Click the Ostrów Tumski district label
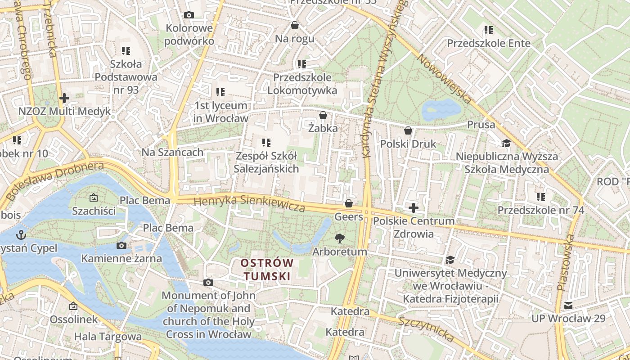[x=267, y=269]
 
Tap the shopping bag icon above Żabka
[x=323, y=116]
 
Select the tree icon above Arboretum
[x=340, y=238]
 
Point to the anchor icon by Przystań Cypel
[x=21, y=234]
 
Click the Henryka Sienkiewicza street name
[x=249, y=203]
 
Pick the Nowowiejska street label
[x=443, y=79]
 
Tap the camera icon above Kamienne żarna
[x=121, y=245]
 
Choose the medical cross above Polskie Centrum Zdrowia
[x=413, y=208]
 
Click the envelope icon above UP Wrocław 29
[x=568, y=306]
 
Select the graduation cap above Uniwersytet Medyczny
[x=450, y=260]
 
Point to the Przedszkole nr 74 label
[x=540, y=210]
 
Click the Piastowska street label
[x=566, y=262]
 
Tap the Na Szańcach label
[x=172, y=152]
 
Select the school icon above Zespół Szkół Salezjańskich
[x=266, y=143]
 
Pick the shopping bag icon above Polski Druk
[x=408, y=131]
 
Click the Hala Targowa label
[x=108, y=336]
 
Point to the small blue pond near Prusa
[x=441, y=109]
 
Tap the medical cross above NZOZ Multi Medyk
[x=64, y=98]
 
